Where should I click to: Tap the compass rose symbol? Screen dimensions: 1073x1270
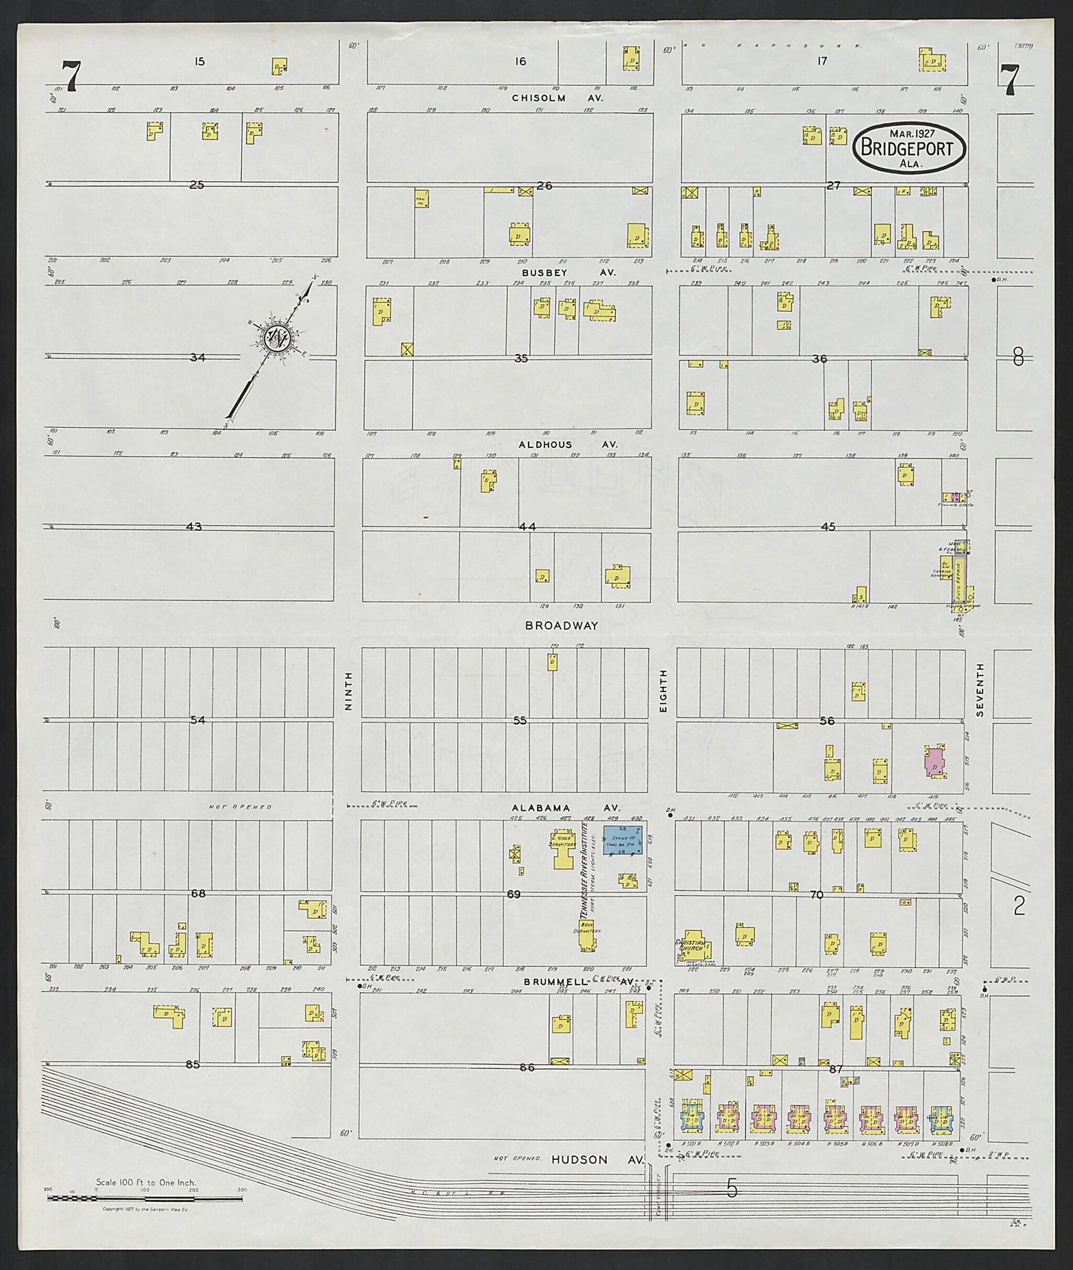pyautogui.click(x=276, y=338)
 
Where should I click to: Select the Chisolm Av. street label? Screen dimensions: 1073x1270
pyautogui.click(x=558, y=97)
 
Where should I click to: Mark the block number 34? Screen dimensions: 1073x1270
pyautogui.click(x=197, y=356)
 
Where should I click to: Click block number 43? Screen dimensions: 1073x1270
pyautogui.click(x=193, y=527)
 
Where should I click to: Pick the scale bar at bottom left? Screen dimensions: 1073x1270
pyautogui.click(x=143, y=1196)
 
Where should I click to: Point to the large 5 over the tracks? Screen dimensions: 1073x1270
pyautogui.click(x=731, y=1189)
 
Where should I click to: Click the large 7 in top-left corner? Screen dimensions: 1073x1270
pyautogui.click(x=72, y=77)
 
